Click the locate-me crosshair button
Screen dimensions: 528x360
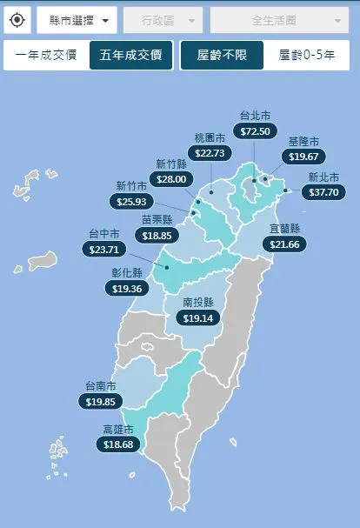point(17,19)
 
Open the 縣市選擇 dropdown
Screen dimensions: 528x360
point(77,19)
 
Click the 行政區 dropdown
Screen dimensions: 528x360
point(163,19)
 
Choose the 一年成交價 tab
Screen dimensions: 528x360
point(46,56)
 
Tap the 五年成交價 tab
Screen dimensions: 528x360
point(130,56)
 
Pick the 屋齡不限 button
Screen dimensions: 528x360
point(222,56)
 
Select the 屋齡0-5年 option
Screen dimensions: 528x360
point(306,56)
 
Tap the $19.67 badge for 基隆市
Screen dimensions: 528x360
point(303,157)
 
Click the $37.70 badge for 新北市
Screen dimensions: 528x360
point(319,192)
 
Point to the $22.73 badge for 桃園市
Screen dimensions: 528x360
point(210,153)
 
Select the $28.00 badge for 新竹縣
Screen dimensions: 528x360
point(171,178)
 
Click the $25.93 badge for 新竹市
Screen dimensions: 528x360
point(131,201)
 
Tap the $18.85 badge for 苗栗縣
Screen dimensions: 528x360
point(157,235)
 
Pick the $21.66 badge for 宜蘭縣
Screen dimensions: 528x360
point(284,244)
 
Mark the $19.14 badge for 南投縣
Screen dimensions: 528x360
point(198,318)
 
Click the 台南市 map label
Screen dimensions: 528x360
point(102,385)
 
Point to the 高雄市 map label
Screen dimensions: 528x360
point(118,429)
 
